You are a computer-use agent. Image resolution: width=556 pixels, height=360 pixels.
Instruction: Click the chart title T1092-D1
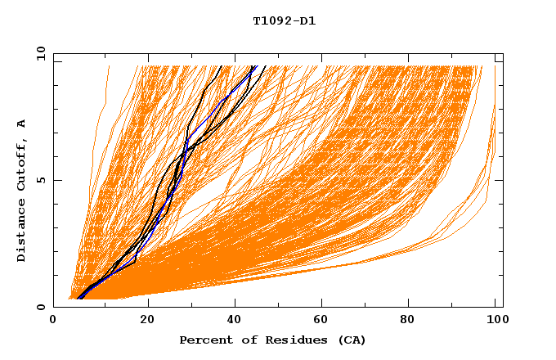284,20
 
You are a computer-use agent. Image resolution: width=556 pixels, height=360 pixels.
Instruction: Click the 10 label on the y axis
40,53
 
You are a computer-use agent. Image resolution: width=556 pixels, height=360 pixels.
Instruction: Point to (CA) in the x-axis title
351,340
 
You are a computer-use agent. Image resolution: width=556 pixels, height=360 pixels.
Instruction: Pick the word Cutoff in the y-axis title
21,164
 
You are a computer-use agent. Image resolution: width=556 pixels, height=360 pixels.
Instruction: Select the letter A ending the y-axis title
21,123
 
